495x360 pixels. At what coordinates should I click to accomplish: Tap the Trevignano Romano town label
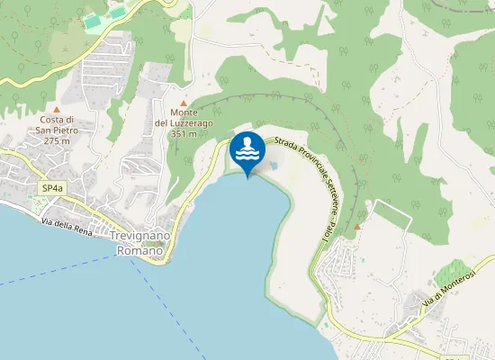142,242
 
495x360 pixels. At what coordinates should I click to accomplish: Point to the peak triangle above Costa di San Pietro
57,108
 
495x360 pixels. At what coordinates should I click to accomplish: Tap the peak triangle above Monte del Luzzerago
184,103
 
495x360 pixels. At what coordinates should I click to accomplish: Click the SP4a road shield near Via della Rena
52,188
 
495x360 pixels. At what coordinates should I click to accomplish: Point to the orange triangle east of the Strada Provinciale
358,227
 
